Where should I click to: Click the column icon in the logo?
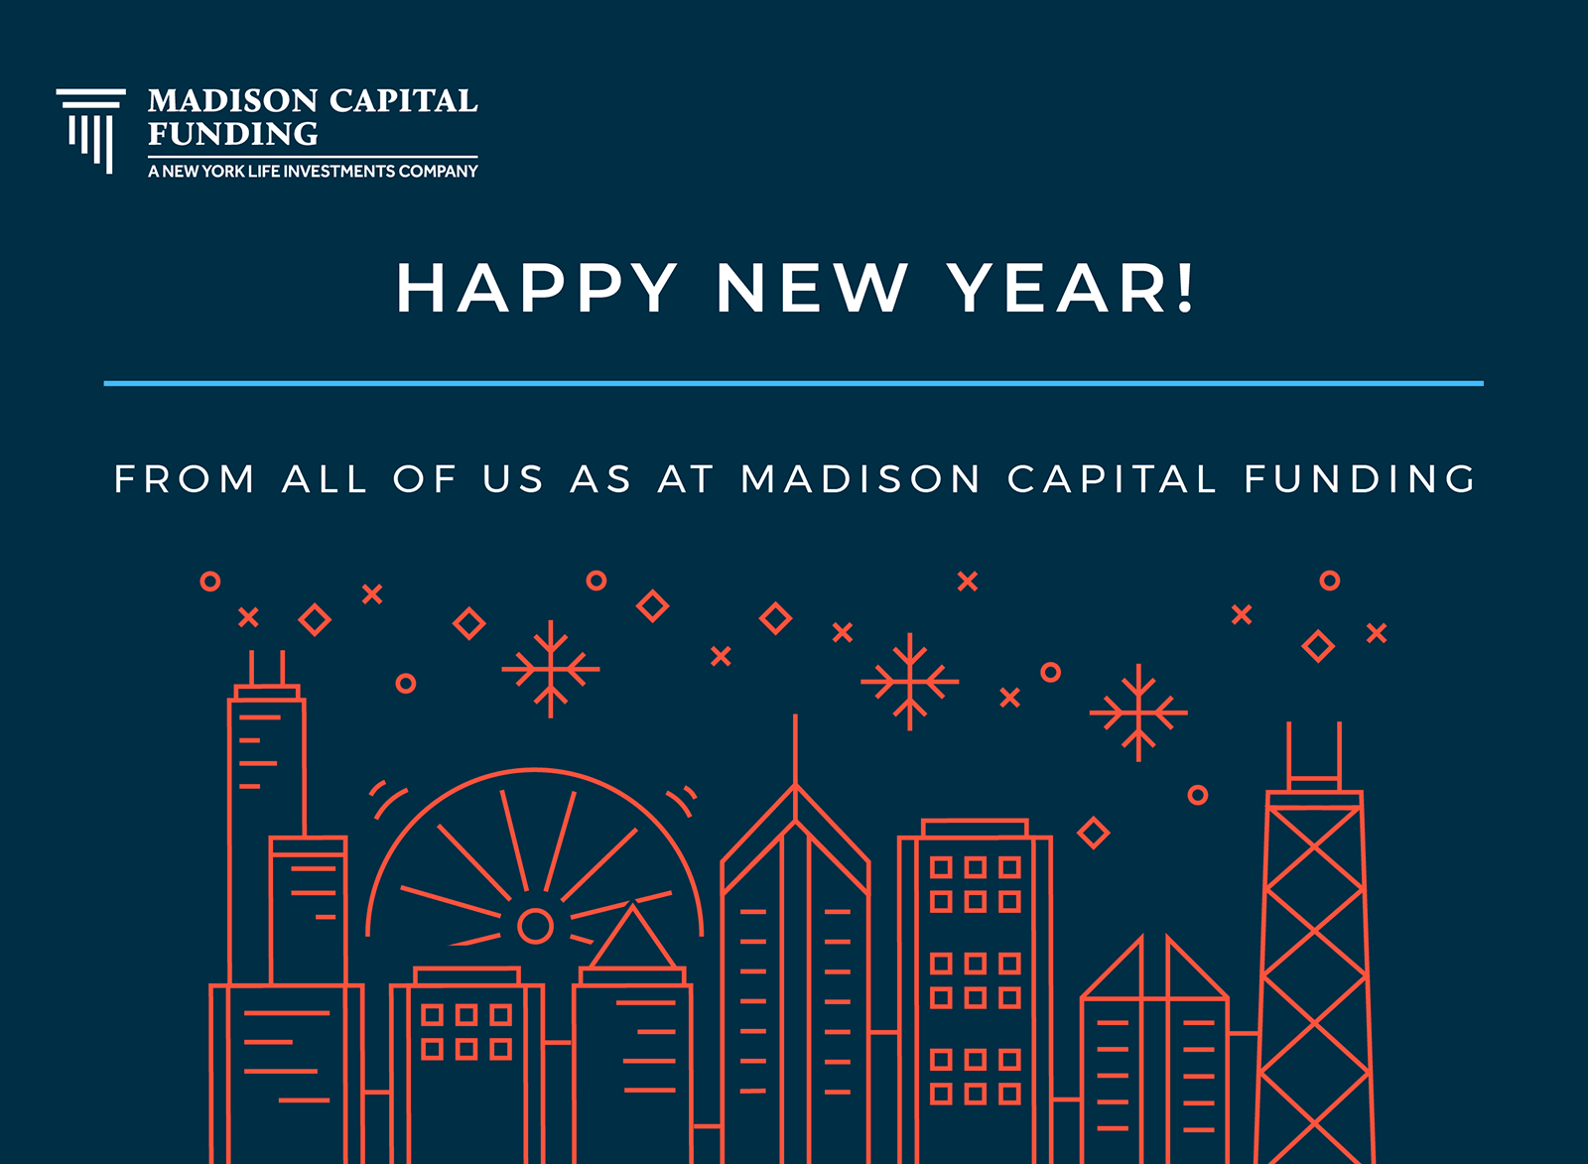(x=90, y=130)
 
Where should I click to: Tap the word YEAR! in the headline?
(x=1071, y=287)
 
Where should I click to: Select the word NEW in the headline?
(x=812, y=287)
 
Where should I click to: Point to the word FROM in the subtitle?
(x=184, y=478)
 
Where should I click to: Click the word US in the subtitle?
(x=512, y=478)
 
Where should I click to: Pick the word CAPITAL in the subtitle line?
(x=1112, y=478)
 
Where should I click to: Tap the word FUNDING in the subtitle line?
(x=1361, y=478)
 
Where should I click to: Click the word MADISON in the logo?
(x=232, y=100)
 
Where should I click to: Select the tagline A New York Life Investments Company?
(x=313, y=171)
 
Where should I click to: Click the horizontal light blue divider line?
(x=793, y=383)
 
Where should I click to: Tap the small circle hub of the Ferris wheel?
(x=535, y=926)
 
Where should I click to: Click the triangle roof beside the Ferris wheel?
(x=632, y=937)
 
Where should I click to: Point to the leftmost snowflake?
(x=551, y=669)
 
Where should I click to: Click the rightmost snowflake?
(x=1138, y=712)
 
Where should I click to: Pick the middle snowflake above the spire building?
(x=909, y=682)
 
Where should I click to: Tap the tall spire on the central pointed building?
(x=795, y=749)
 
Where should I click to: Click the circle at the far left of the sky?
(x=210, y=582)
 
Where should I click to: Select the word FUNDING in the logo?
(x=232, y=134)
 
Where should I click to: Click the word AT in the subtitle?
(x=686, y=478)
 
